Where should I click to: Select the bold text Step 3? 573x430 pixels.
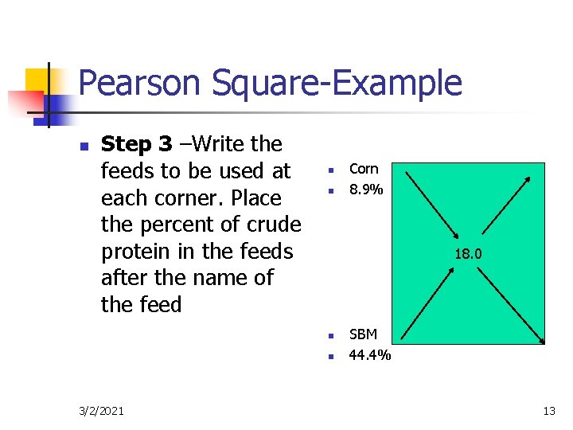tap(137, 144)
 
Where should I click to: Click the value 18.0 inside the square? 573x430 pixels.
tap(469, 255)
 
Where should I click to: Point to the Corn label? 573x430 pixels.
tap(364, 169)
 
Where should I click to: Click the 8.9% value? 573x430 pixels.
tap(366, 190)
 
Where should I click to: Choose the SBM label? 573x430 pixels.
tap(364, 334)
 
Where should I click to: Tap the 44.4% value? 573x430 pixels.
tap(370, 355)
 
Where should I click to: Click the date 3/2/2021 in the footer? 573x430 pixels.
tap(102, 411)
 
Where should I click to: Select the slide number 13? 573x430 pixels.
tap(548, 411)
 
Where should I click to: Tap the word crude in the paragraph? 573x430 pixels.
tap(274, 225)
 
